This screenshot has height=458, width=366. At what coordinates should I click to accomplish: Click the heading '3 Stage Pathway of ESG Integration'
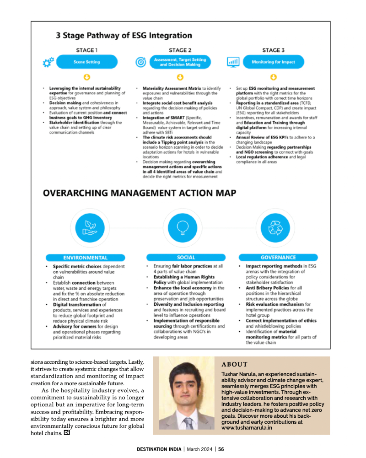click(124, 35)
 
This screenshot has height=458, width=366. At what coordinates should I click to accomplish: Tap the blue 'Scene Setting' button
click(86, 62)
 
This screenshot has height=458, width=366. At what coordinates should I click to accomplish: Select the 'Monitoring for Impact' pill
click(273, 62)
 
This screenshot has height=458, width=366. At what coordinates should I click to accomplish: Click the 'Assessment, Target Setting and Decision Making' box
click(180, 62)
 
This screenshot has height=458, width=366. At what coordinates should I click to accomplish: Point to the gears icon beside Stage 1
click(48, 62)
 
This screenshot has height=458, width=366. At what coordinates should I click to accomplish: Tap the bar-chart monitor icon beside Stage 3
click(233, 62)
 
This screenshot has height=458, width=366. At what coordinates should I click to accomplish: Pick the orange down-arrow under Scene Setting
click(86, 77)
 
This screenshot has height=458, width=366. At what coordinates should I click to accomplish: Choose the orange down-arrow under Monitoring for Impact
click(273, 77)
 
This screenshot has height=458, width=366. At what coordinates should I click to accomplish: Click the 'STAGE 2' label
click(180, 50)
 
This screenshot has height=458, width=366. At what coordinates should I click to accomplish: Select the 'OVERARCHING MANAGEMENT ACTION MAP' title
click(140, 193)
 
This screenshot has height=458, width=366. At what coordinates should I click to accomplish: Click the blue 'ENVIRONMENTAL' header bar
click(86, 258)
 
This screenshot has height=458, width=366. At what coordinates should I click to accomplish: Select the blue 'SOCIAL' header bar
click(185, 258)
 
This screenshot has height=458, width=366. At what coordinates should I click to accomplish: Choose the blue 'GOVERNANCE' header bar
click(278, 258)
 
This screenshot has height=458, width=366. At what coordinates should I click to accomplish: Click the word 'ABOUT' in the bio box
click(235, 365)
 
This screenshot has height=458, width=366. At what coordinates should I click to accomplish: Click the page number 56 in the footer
click(221, 449)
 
